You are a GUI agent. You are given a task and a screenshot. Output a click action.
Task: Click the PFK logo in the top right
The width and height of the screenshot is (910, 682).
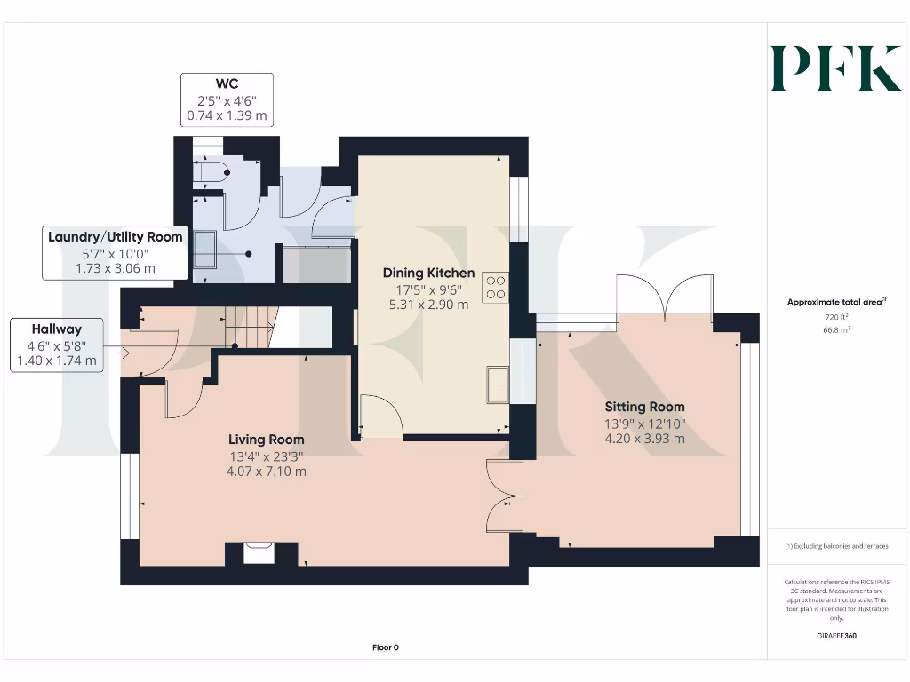tap(835, 68)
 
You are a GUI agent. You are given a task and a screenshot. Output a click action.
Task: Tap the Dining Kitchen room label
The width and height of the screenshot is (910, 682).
tap(428, 273)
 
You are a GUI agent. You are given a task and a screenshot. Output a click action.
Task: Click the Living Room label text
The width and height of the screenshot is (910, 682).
tap(266, 440)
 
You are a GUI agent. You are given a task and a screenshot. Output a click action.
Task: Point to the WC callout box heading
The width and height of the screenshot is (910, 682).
tap(226, 84)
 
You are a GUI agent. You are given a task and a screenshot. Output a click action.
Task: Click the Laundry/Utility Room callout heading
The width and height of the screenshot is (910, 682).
tap(116, 237)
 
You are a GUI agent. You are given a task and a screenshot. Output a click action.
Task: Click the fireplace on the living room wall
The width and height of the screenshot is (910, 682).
tap(260, 552)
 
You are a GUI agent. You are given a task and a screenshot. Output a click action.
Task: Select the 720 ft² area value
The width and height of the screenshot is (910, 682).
tap(836, 316)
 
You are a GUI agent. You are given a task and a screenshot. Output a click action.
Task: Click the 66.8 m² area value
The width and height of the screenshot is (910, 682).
tap(836, 329)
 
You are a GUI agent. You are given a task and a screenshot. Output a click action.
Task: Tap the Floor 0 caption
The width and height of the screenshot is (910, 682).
tap(385, 647)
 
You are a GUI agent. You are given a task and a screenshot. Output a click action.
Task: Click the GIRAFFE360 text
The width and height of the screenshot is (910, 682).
tap(836, 636)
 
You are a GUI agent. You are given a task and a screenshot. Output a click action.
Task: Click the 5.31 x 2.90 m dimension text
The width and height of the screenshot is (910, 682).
tap(428, 304)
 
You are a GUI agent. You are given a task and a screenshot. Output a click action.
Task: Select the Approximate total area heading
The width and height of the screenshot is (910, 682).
tap(835, 302)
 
